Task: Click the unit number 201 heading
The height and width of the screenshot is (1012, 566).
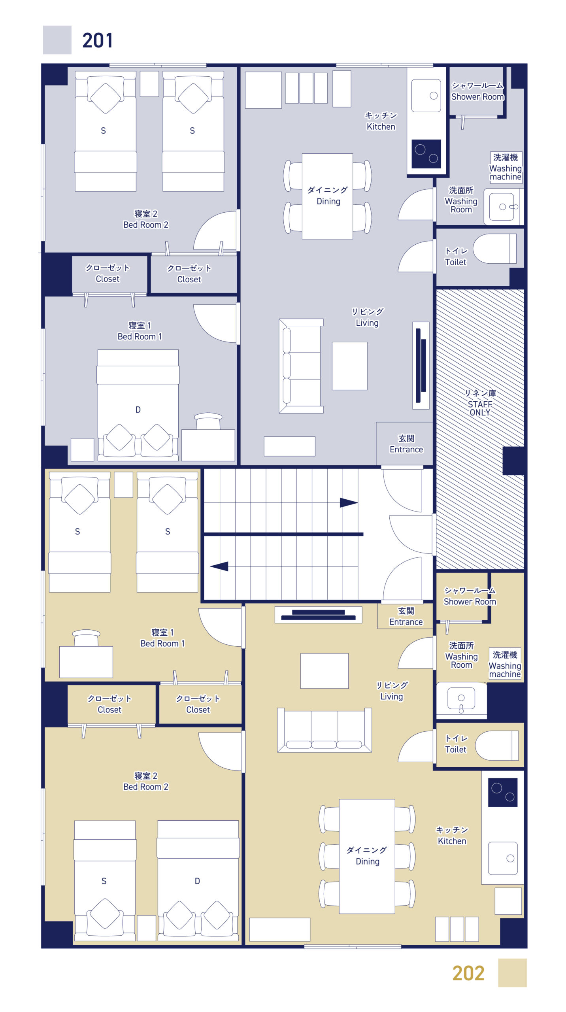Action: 97,40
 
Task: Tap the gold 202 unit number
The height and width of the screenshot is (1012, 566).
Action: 468,973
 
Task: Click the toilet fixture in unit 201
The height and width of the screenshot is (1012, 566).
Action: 495,249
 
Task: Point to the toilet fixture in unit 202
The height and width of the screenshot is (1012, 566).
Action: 497,746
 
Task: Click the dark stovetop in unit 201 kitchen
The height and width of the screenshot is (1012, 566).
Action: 426,154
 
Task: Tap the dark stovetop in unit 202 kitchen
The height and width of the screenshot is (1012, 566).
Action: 503,792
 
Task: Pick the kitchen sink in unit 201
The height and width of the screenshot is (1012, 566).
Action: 426,96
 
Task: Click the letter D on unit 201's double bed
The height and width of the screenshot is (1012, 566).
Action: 138,410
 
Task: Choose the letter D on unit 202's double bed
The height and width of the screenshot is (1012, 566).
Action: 197,881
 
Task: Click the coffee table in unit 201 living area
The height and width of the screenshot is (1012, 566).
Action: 349,366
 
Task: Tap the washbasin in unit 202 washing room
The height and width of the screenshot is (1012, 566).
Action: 461,700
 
